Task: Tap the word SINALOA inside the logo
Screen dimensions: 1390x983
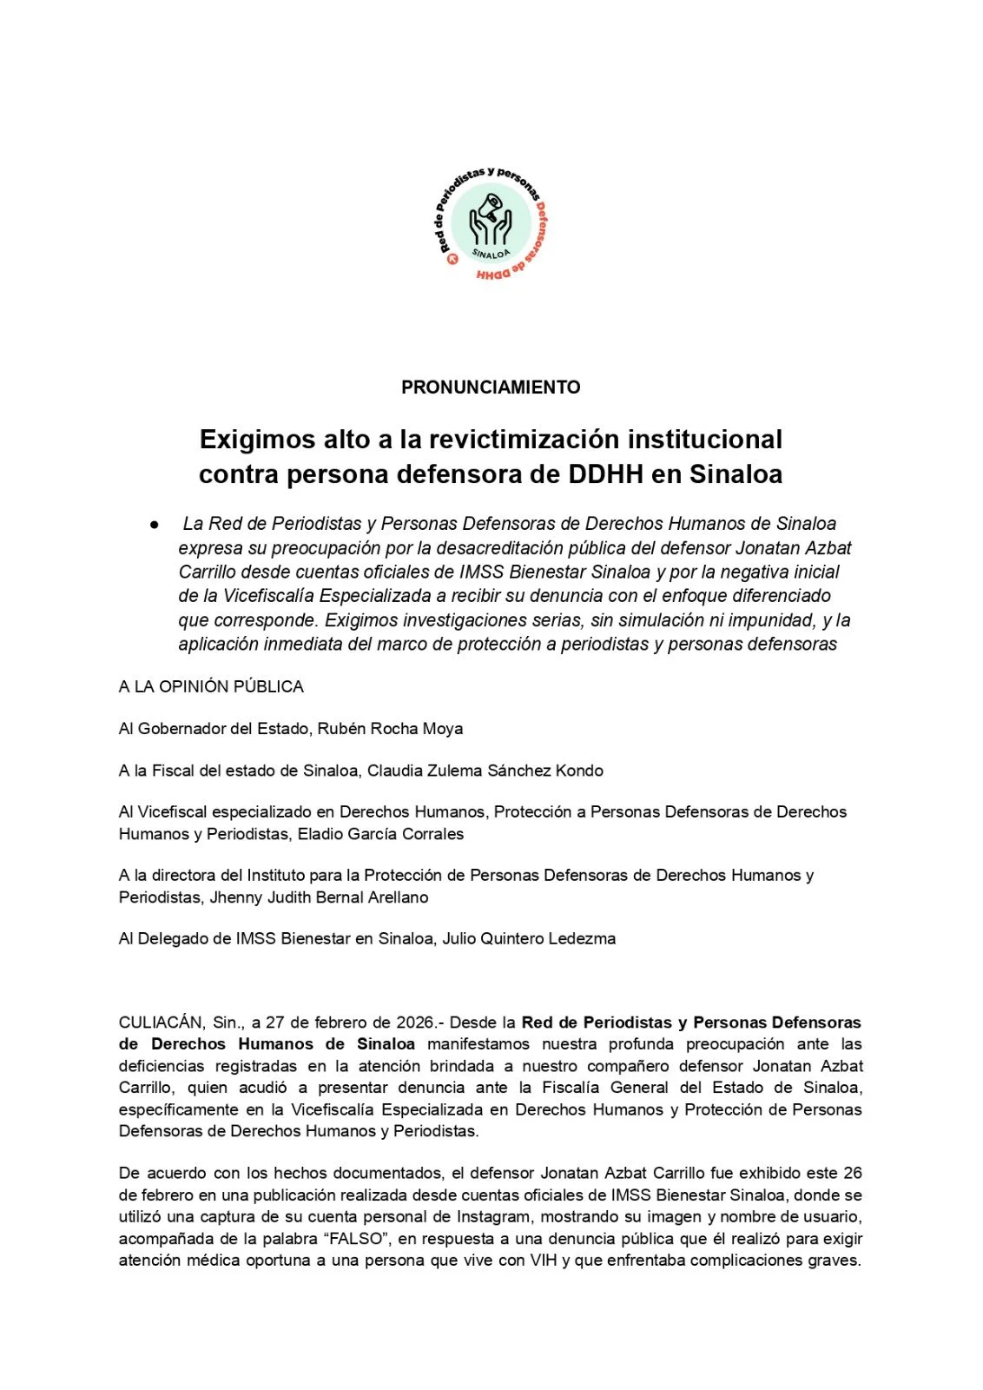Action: (x=491, y=253)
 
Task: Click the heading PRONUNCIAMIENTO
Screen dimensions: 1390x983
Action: (x=491, y=387)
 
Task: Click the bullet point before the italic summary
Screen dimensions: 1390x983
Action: (x=154, y=525)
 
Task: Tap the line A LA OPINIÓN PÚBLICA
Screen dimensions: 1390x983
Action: (x=211, y=686)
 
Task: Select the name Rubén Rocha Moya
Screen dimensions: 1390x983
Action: (x=390, y=728)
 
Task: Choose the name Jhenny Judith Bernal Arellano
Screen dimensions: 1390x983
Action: (x=319, y=897)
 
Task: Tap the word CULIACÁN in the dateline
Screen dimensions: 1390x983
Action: (x=162, y=1023)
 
